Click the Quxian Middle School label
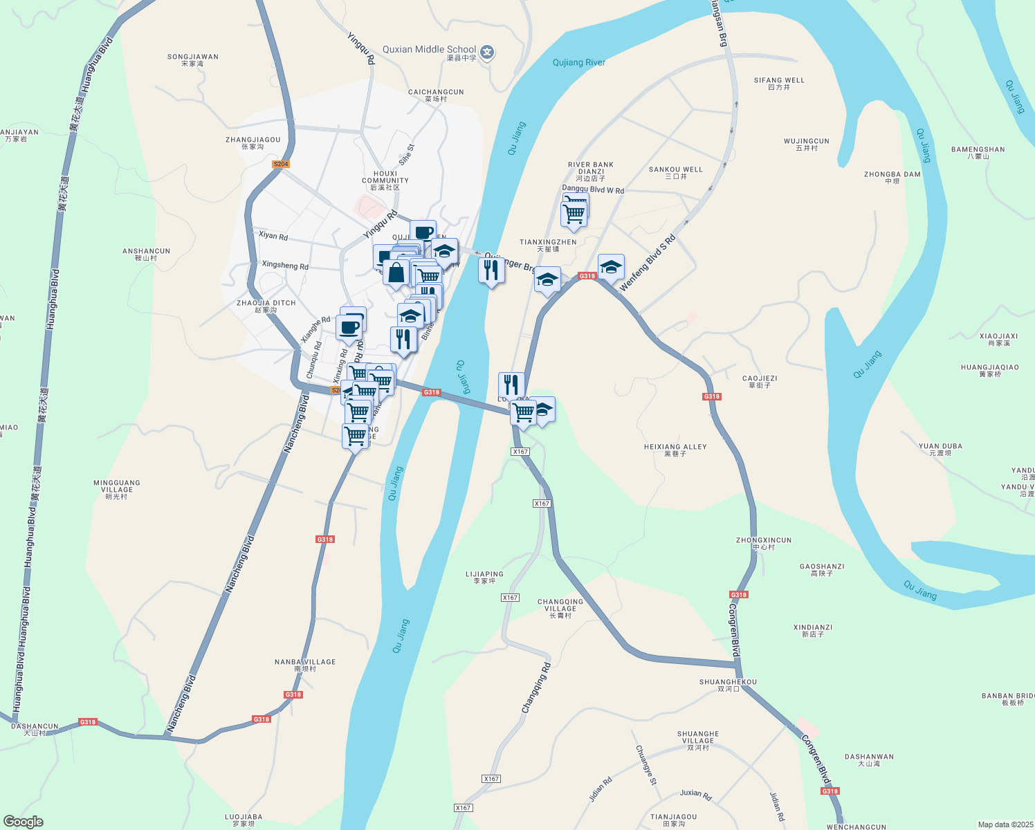tap(430, 50)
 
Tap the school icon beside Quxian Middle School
tap(487, 53)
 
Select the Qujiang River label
tap(579, 62)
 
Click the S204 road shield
tap(280, 165)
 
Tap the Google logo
tap(24, 822)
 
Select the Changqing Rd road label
tap(536, 688)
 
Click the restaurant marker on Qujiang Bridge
tap(491, 270)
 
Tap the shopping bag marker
tap(396, 273)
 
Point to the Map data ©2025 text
tap(1005, 824)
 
